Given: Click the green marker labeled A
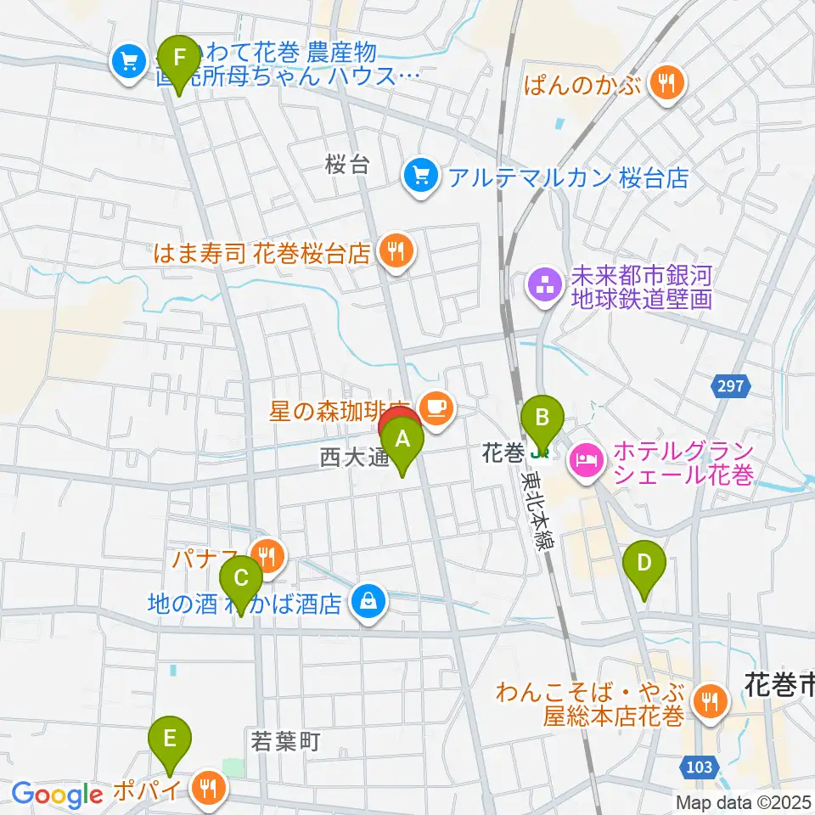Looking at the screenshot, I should coord(402,441).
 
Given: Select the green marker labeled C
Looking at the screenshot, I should coord(241,580).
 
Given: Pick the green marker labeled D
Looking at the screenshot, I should coord(644,563).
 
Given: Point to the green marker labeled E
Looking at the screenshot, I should coord(170,738).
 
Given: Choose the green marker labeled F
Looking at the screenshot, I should coord(178,59).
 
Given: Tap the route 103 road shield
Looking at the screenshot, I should coord(699,767).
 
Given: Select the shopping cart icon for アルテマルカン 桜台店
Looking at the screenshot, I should coord(421,177).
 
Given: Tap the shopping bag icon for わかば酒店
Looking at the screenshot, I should coord(368,604).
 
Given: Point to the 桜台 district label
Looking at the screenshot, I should coord(348,166).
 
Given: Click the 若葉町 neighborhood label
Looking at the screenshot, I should coord(285,742).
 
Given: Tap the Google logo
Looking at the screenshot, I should coord(58,795).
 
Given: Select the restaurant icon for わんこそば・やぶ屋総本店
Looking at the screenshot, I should coord(708,701).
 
